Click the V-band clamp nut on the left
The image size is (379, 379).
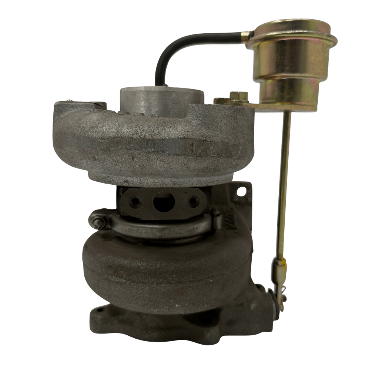[98, 224]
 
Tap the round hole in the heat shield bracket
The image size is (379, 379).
[242, 191]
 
